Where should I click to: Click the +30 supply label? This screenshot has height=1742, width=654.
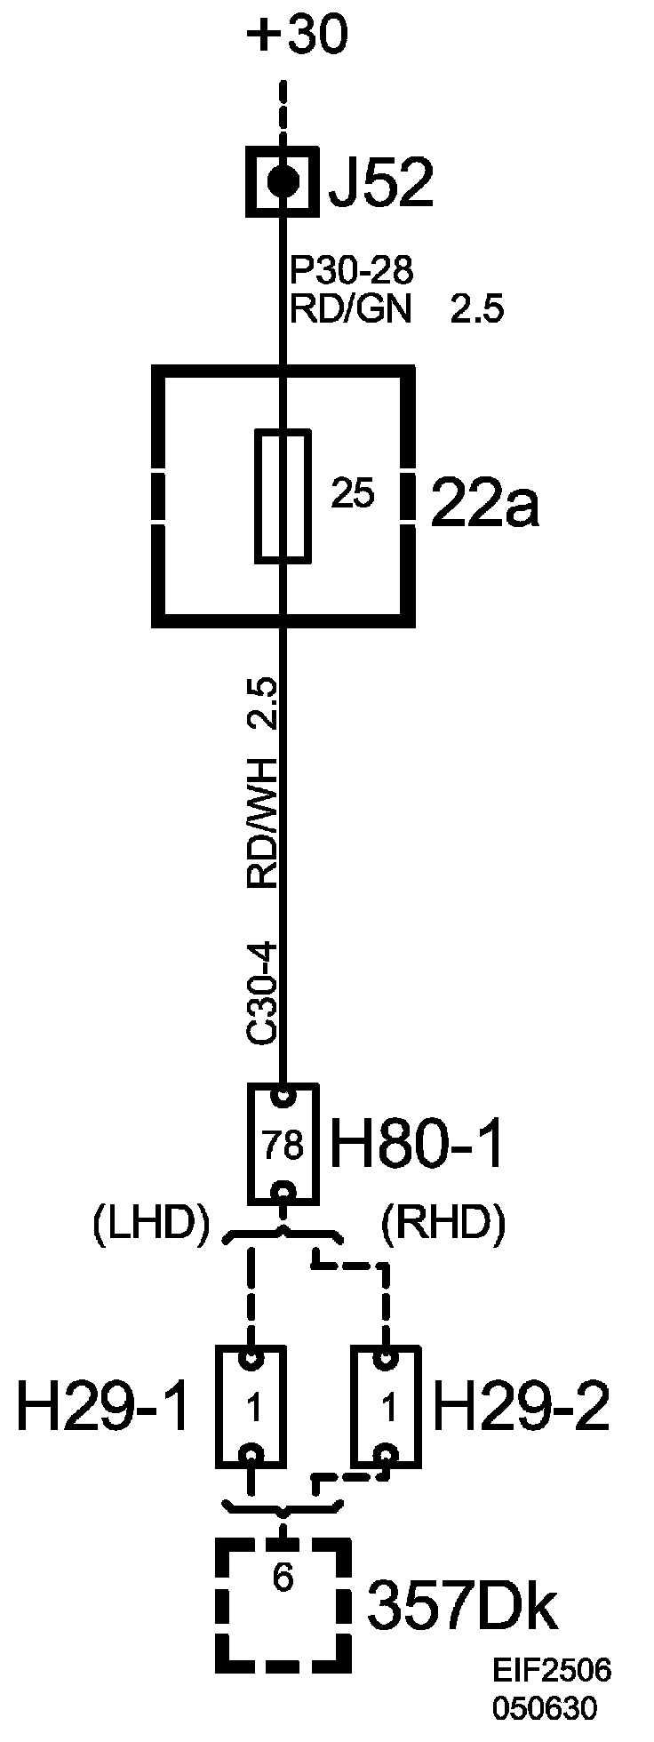click(298, 38)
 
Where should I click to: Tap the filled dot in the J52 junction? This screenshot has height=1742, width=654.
click(283, 182)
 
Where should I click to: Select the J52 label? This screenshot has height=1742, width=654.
click(380, 184)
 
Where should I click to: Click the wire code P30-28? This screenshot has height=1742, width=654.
click(352, 269)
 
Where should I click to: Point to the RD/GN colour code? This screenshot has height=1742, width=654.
click(351, 310)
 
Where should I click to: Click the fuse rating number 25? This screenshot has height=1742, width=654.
click(353, 494)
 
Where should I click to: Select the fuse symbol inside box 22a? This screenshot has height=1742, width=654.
click(283, 497)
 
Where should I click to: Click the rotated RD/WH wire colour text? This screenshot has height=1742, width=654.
click(264, 823)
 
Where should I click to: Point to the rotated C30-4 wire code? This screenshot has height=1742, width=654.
click(264, 993)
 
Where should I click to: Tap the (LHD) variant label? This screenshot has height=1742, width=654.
click(150, 1224)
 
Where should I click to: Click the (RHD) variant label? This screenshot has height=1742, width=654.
click(443, 1224)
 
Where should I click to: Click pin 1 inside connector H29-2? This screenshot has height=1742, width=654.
click(387, 1408)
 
